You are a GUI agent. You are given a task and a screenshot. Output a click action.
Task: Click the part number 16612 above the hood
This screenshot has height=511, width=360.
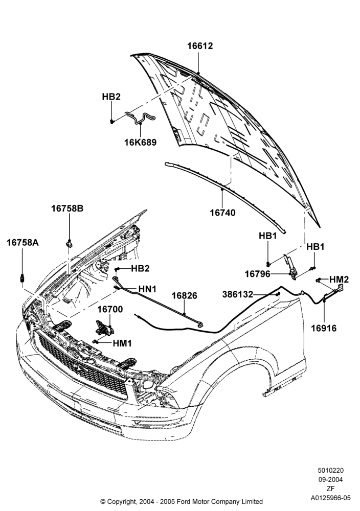click(200, 46)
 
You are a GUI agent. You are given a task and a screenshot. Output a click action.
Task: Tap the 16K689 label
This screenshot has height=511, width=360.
click(141, 143)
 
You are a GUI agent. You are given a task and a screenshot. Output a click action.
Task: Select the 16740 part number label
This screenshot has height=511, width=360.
click(222, 213)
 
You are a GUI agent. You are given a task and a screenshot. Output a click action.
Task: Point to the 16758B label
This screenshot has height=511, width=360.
click(67, 208)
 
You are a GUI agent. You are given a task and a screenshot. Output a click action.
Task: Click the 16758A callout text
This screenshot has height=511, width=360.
click(23, 242)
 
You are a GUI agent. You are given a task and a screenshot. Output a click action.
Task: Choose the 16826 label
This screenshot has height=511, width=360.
click(185, 295)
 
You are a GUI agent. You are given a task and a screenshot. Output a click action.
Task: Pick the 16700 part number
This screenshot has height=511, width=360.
click(110, 309)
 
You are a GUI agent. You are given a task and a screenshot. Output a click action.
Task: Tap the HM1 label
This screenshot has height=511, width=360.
click(122, 343)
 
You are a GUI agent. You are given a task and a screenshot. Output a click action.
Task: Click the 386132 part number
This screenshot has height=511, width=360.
click(238, 294)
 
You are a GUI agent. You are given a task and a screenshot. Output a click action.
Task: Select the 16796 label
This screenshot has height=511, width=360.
click(258, 274)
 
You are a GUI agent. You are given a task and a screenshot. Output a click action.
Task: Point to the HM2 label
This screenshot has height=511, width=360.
click(339, 280)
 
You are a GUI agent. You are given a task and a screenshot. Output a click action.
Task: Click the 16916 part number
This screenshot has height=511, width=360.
click(324, 328)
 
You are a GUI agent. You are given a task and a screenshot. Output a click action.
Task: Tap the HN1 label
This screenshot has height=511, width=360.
click(147, 289)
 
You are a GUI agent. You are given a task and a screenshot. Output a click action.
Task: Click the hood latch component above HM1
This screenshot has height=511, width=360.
click(104, 328)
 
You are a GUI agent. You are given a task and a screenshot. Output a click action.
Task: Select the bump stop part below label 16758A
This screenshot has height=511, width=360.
click(22, 278)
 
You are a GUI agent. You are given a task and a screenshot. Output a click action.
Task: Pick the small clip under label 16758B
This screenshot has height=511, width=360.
click(69, 243)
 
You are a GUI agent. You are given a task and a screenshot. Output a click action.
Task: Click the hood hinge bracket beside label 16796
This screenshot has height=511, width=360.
click(291, 267)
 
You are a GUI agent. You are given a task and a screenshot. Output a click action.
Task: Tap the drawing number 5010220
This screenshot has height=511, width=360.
click(331, 470)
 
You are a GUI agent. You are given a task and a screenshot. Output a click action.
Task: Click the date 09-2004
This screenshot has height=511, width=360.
click(331, 479)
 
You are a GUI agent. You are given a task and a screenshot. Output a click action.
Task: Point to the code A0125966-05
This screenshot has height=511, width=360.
click(331, 498)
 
